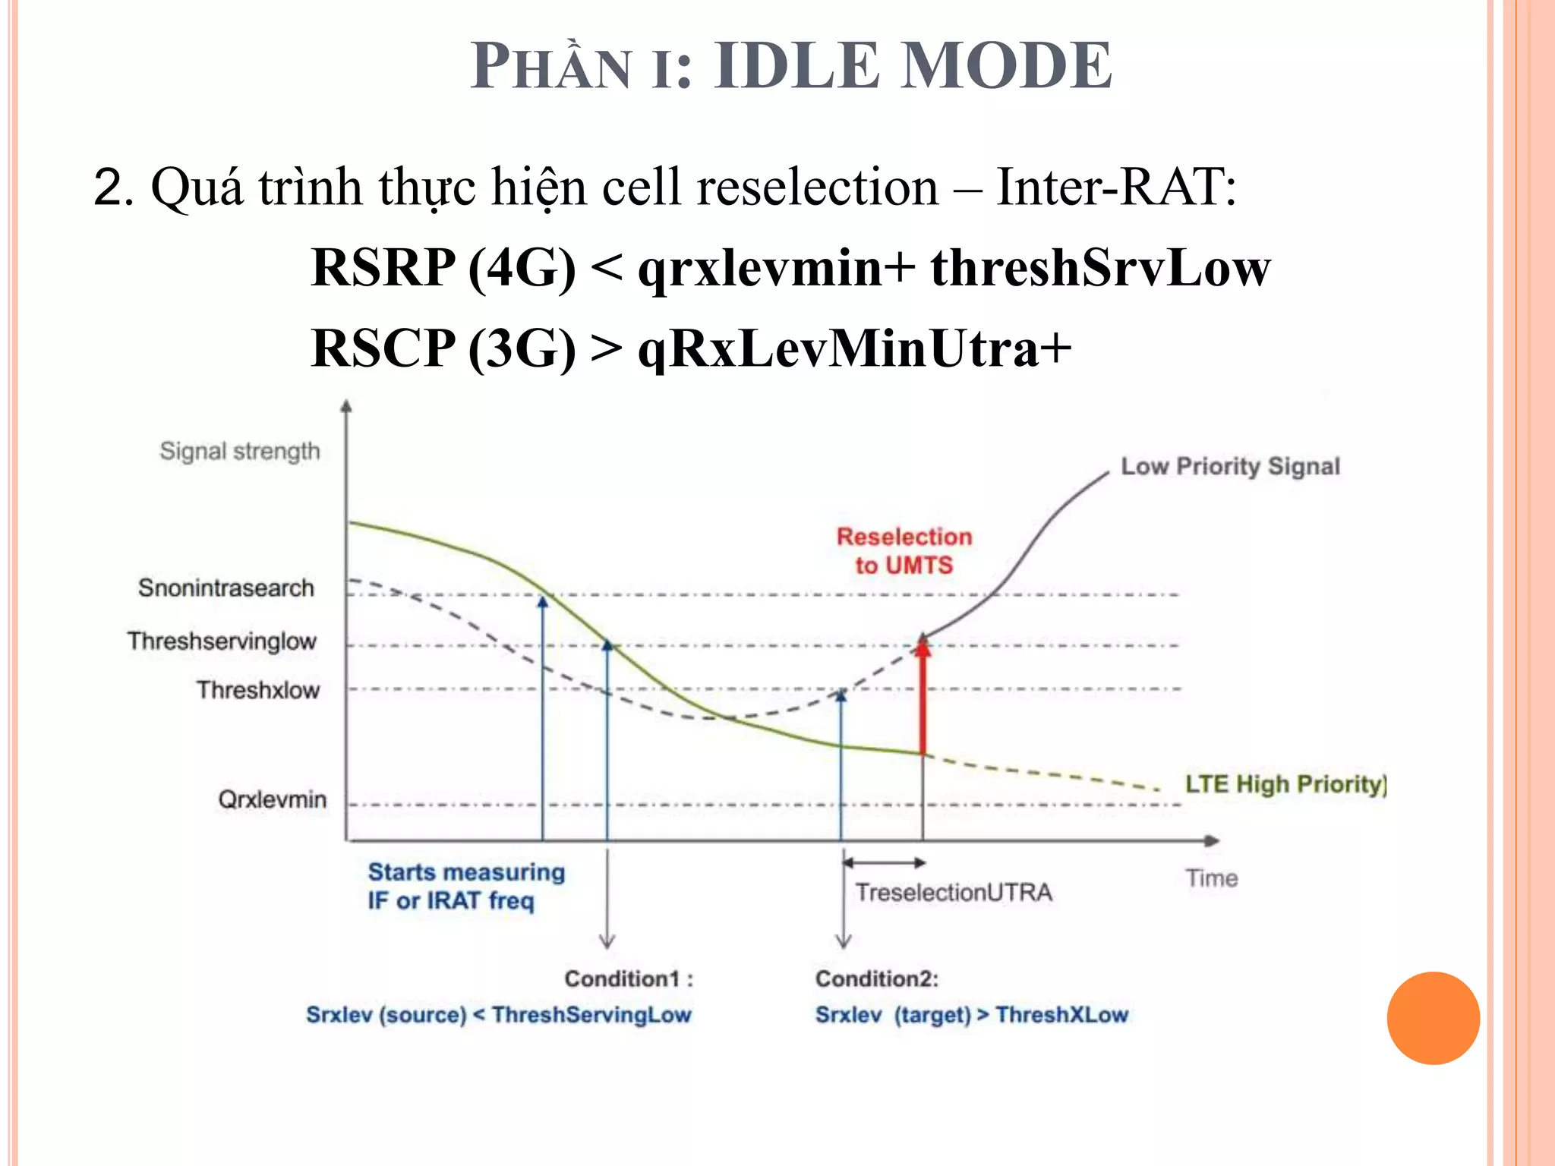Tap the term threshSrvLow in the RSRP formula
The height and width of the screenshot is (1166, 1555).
(1100, 268)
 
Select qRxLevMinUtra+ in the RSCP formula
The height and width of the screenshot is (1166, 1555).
(854, 348)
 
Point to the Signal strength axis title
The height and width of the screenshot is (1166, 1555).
(240, 451)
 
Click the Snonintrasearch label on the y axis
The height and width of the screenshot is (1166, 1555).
(226, 588)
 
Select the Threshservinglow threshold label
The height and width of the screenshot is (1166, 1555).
(222, 641)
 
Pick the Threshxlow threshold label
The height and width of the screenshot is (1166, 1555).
(258, 690)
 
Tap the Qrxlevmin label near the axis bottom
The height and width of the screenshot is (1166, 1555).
(272, 799)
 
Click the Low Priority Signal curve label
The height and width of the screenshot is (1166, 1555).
(1230, 466)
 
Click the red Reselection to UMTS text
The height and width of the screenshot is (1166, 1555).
(904, 550)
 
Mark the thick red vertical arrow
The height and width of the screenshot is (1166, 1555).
(923, 698)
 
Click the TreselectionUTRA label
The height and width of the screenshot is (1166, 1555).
(954, 892)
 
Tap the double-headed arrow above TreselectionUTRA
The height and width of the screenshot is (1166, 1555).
(884, 863)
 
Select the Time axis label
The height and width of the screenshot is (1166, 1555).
(1212, 878)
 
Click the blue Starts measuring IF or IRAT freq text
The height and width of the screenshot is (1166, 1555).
(466, 886)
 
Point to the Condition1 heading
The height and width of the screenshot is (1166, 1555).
(629, 978)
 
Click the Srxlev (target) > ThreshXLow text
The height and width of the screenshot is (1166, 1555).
(971, 1015)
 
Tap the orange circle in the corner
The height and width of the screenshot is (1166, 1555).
(1433, 1018)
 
